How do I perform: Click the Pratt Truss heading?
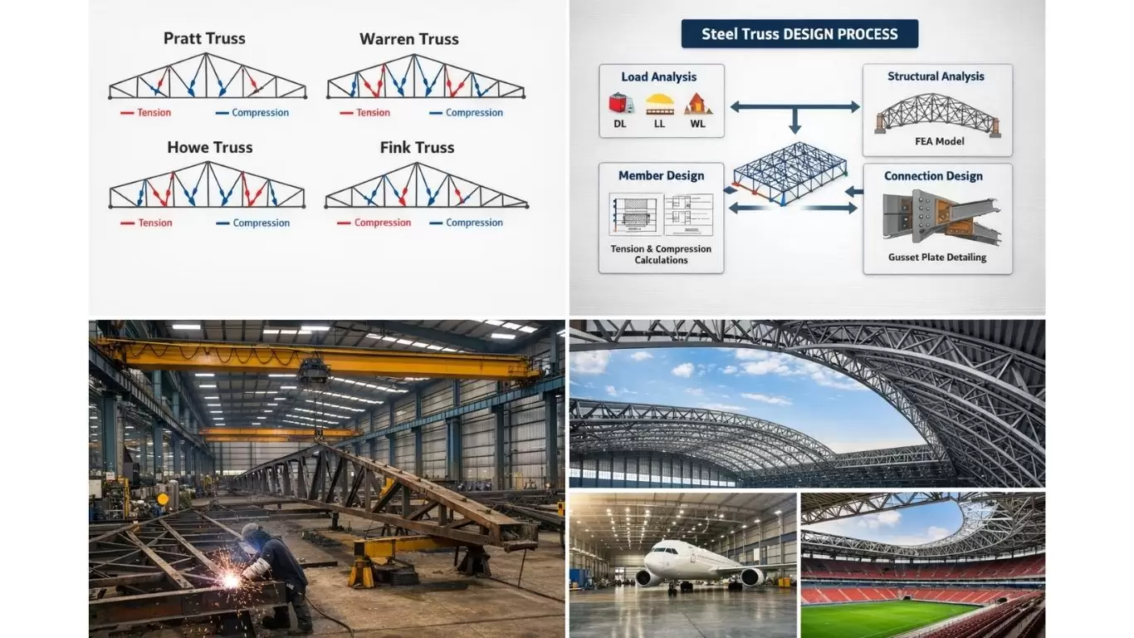[204, 38]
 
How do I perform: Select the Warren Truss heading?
[408, 39]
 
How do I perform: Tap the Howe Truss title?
[209, 147]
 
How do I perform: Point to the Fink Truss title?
[417, 147]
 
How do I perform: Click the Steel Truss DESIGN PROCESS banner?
[799, 34]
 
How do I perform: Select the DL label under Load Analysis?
[619, 124]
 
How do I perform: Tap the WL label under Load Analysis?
[697, 124]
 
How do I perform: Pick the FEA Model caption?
[939, 141]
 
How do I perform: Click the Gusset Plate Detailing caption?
[937, 258]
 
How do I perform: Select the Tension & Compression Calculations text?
[661, 254]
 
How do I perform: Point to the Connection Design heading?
[933, 176]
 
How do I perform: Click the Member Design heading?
[661, 175]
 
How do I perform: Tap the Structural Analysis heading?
[936, 76]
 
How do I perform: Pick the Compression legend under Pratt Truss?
[260, 113]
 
